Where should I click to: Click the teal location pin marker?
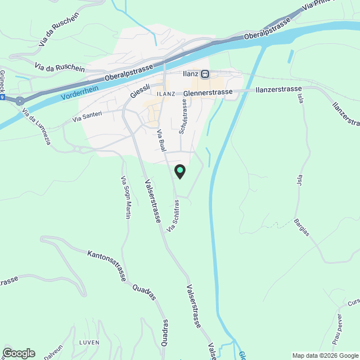[x=179, y=171]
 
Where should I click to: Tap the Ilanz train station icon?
[x=205, y=73]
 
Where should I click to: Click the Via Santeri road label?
[x=87, y=116]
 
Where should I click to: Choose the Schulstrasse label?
[x=182, y=118]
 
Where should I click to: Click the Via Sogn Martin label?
[x=126, y=197]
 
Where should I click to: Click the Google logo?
[x=18, y=353]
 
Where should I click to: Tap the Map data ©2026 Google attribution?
[x=325, y=355]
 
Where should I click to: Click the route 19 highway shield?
[x=2, y=97]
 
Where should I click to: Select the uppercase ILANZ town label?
[x=166, y=93]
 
